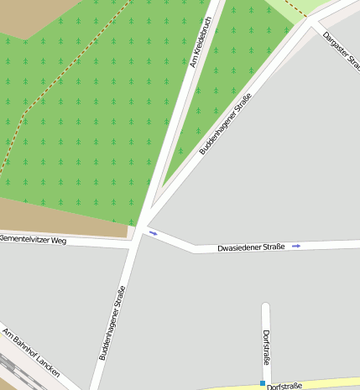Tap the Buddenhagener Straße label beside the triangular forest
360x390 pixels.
coord(226,126)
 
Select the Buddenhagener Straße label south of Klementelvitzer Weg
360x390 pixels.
coord(112,324)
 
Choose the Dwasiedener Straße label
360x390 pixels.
coord(251,247)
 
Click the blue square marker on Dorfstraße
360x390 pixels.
coord(262,383)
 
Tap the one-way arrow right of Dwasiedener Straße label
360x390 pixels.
coord(296,247)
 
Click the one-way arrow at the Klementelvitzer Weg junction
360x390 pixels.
coord(153,232)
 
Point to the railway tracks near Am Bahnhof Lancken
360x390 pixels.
coord(12,373)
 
